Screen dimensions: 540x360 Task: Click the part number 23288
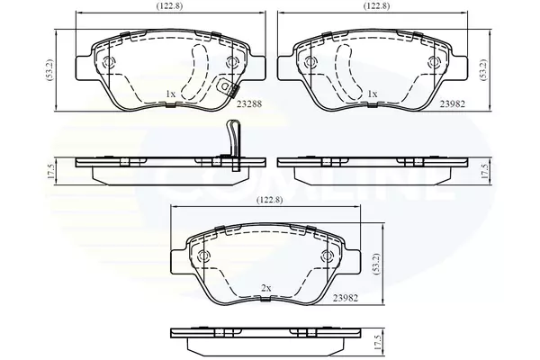tap(249, 103)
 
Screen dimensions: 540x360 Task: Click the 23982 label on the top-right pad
tap(452, 103)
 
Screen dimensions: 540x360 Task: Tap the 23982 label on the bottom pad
tap(346, 298)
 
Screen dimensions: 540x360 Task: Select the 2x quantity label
tap(266, 288)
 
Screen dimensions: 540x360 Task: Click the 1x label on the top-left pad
tap(170, 94)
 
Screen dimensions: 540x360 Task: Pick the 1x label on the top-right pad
tap(373, 94)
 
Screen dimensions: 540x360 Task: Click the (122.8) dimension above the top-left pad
tap(169, 6)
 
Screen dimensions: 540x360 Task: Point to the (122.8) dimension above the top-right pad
tap(377, 6)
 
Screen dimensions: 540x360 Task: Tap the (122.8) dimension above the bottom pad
tap(270, 200)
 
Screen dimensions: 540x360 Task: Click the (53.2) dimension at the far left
tap(49, 70)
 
